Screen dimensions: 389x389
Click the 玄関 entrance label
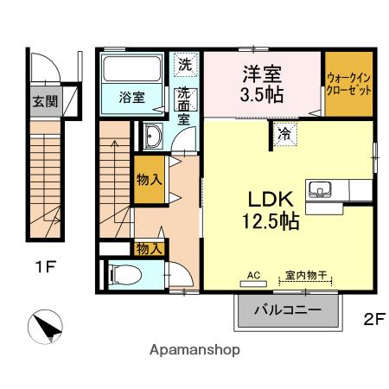(x=45, y=100)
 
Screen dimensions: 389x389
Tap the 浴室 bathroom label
(x=131, y=97)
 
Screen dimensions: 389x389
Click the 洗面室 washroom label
(x=185, y=106)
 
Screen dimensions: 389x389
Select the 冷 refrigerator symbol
(x=284, y=133)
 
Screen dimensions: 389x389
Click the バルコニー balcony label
(x=288, y=309)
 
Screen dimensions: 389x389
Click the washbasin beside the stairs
(x=152, y=137)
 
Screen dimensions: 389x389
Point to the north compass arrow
(x=47, y=327)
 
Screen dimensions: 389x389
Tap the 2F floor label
(x=373, y=318)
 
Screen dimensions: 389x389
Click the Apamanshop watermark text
(x=194, y=350)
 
